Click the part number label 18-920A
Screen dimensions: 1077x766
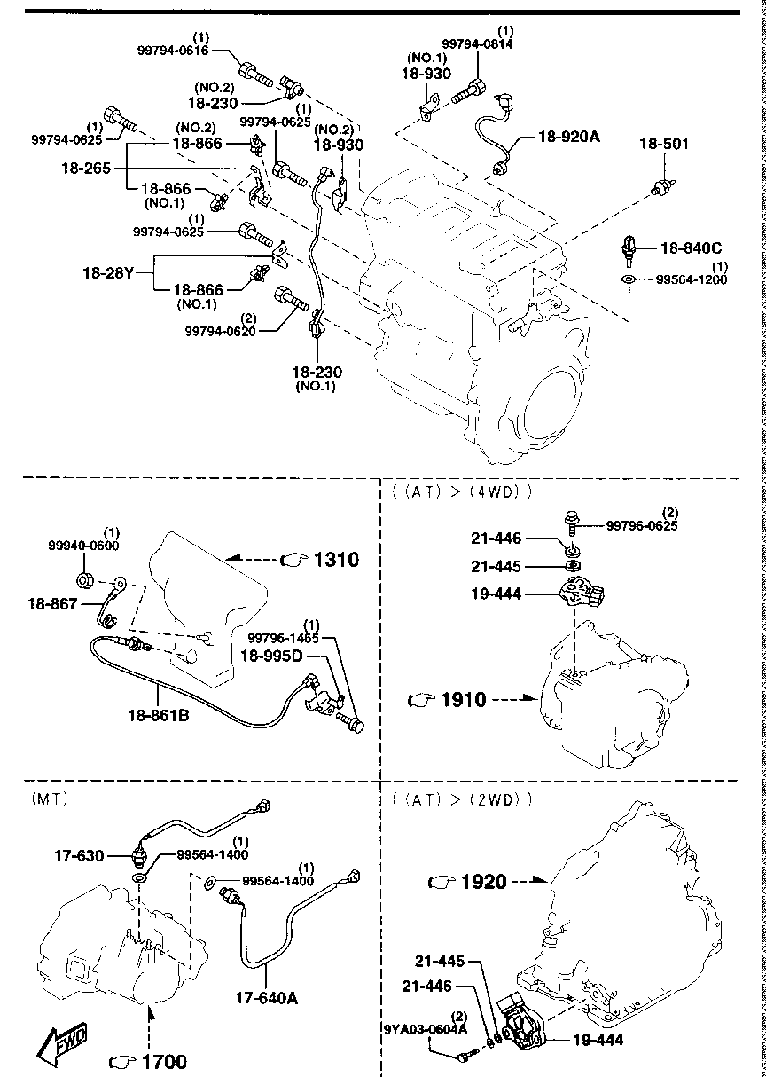pos(569,137)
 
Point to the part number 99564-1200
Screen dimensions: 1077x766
pos(692,279)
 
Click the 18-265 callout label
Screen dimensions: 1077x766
pos(86,166)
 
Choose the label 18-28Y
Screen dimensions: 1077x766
pos(106,274)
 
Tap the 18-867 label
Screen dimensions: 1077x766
pos(51,602)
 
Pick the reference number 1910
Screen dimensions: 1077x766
pos(463,700)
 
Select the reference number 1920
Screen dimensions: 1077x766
pos(483,882)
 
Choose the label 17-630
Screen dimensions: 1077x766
pos(77,856)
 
